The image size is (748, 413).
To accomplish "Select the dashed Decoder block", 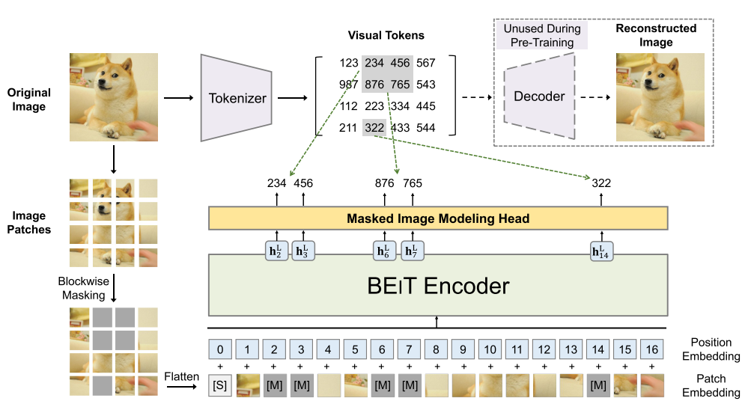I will (539, 97).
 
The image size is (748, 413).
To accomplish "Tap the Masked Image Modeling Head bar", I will (437, 218).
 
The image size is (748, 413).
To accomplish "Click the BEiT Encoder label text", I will (438, 285).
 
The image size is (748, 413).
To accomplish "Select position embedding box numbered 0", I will (220, 349).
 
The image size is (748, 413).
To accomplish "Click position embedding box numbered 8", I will (436, 349).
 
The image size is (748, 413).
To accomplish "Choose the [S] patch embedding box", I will (220, 385).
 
